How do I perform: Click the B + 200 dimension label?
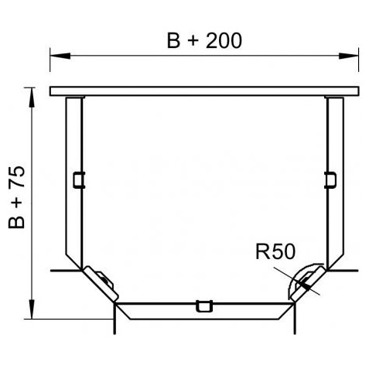[x=204, y=40]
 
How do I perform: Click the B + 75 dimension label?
[x=17, y=197]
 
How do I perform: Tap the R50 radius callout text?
[x=275, y=251]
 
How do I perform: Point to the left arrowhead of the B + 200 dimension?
[x=60, y=56]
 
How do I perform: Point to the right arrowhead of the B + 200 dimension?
[x=348, y=56]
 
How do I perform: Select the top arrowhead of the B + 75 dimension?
[x=32, y=97]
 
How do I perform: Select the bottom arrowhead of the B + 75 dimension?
[x=32, y=309]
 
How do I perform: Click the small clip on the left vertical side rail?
[x=79, y=179]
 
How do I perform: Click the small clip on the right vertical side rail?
[x=330, y=179]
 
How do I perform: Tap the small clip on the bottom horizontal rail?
[x=204, y=306]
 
